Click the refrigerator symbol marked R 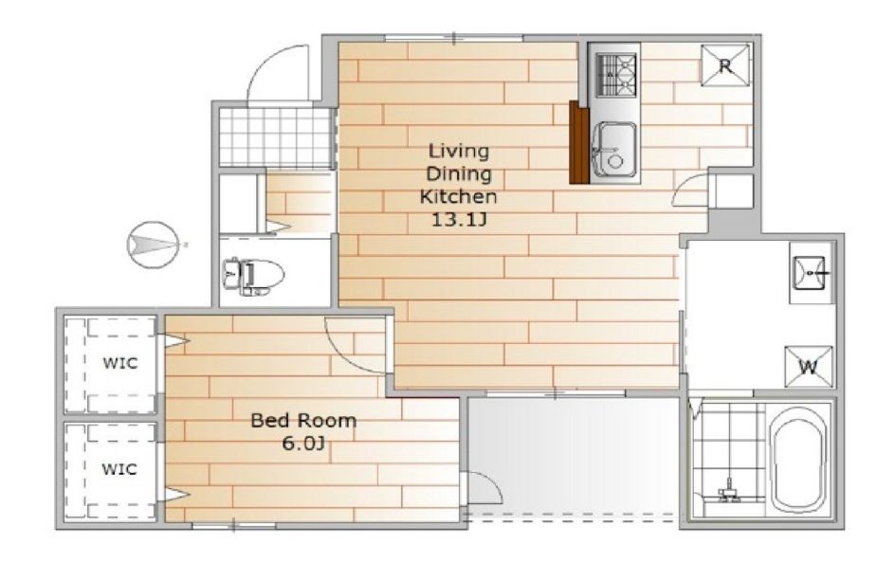(x=725, y=65)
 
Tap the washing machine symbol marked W (x=808, y=367)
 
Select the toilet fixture (x=253, y=276)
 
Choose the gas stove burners (x=616, y=75)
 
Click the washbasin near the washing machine (x=808, y=273)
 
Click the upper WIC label (x=120, y=363)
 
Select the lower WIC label (x=119, y=468)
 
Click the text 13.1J (x=459, y=220)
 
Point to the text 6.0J (x=303, y=444)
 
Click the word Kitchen (x=458, y=196)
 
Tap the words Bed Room (x=303, y=420)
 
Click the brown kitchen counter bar (x=579, y=142)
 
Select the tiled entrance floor (x=276, y=136)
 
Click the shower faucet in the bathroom (x=729, y=491)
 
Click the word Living (x=459, y=151)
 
